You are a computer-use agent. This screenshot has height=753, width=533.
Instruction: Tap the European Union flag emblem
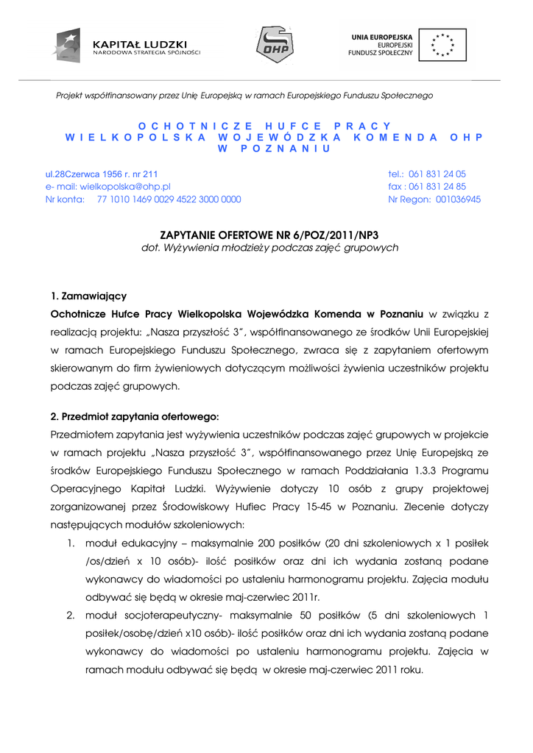(x=443, y=44)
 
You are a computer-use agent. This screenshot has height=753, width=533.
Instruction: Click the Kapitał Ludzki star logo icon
(x=67, y=45)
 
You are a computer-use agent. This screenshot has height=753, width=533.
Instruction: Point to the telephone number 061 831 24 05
(x=437, y=174)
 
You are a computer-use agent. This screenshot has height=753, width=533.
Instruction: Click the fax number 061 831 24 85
(x=437, y=187)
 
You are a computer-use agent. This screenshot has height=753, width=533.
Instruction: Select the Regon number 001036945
(x=459, y=199)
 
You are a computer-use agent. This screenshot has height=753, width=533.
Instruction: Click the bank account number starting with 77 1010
(x=169, y=199)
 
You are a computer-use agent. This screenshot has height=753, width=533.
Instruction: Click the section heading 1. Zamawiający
(x=89, y=296)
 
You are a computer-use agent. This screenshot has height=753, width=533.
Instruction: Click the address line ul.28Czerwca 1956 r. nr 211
(x=102, y=174)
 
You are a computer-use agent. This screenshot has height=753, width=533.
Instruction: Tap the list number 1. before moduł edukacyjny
(x=71, y=543)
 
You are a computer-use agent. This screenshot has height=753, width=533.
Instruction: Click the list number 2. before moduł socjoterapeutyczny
(x=71, y=615)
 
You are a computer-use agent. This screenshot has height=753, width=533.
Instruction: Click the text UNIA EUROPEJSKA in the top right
(x=381, y=35)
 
